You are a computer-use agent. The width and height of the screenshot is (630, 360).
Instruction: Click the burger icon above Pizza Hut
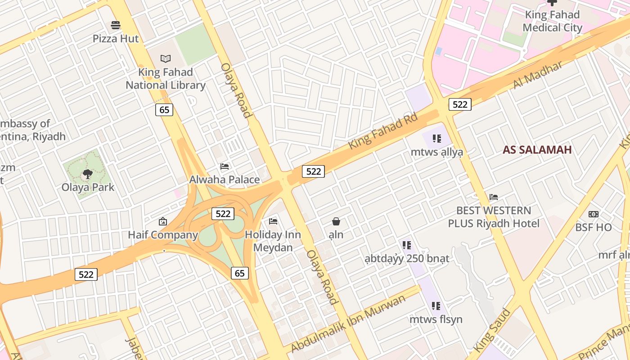coord(116,25)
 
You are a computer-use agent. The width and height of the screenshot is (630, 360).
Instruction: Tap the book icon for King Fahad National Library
coord(166,58)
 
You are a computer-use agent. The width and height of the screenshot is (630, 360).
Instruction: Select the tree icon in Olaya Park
coord(88,174)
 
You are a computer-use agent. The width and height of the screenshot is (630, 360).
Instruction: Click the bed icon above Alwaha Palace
coord(224,166)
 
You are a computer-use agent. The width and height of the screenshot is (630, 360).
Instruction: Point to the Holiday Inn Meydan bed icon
coord(273,221)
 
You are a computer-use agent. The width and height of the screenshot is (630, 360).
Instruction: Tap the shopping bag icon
coord(336,221)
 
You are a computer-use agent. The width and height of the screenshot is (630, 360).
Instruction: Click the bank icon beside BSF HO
coord(594,214)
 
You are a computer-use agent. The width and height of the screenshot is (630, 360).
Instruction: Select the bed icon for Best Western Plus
coord(494,197)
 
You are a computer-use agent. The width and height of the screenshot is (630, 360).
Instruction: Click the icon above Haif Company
coord(163,221)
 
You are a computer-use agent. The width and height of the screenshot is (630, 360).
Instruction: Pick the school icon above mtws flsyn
coord(436,306)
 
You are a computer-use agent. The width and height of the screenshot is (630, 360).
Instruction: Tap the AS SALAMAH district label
coord(537,150)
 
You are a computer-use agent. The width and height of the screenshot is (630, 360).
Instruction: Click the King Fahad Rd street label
coord(383,130)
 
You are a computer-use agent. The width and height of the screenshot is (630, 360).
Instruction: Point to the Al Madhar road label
coord(537,75)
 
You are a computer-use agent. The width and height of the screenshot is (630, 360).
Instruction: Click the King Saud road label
coord(492,330)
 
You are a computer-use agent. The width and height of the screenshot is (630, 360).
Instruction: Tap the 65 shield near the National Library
coord(164,109)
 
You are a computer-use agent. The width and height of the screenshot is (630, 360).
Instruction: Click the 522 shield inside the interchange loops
coord(223,214)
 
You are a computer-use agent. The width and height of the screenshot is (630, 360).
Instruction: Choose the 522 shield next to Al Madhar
coord(459,104)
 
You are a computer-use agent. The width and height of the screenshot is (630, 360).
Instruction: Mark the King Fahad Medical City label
coord(552,21)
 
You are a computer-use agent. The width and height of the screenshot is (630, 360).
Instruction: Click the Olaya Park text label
coord(88,187)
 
